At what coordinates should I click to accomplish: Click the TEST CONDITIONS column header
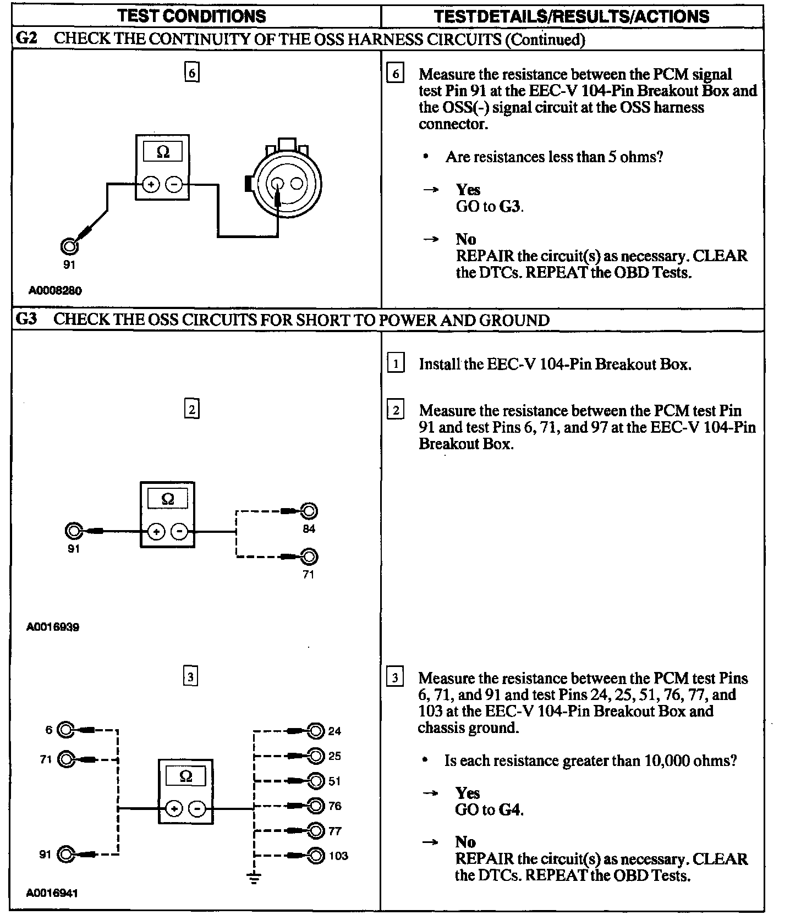192,16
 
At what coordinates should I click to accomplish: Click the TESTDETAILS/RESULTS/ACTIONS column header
572,16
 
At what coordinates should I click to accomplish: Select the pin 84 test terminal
310,511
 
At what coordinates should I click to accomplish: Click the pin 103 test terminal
316,856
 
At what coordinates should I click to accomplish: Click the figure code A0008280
55,290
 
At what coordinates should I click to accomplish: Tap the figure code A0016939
53,627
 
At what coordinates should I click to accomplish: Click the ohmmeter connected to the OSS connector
163,167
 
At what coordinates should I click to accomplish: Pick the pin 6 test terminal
65,730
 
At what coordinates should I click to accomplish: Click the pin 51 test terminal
316,781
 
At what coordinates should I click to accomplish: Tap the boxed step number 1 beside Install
395,364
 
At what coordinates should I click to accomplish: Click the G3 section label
27,319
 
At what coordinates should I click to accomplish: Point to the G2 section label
27,38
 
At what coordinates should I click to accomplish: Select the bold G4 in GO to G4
511,810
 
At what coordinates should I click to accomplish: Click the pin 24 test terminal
316,731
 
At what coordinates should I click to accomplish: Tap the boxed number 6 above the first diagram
191,73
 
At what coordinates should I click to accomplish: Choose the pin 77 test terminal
316,831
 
